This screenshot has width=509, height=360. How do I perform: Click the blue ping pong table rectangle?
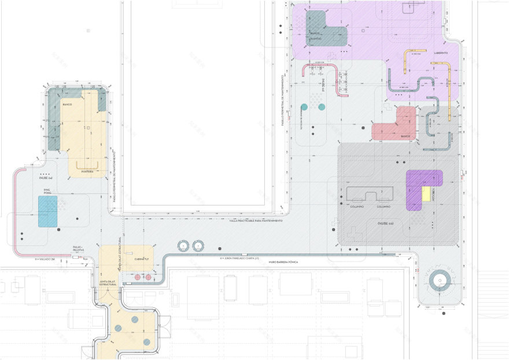47,211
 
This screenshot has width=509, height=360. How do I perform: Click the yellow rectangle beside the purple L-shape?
426,193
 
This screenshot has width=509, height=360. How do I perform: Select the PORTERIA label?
87,172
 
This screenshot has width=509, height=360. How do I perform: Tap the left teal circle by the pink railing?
304,107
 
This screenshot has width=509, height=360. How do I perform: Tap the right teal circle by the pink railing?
322,107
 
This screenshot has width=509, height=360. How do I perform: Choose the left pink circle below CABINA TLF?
138,278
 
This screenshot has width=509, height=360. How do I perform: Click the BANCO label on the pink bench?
405,137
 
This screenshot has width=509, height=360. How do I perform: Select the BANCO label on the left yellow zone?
67,105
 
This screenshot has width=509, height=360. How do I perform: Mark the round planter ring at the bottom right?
439,282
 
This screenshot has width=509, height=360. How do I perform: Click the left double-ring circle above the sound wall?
184,245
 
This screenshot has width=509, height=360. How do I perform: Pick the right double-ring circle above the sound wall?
198,245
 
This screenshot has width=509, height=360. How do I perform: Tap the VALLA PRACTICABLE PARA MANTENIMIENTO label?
256,221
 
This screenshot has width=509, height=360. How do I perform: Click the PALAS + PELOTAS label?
78,248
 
